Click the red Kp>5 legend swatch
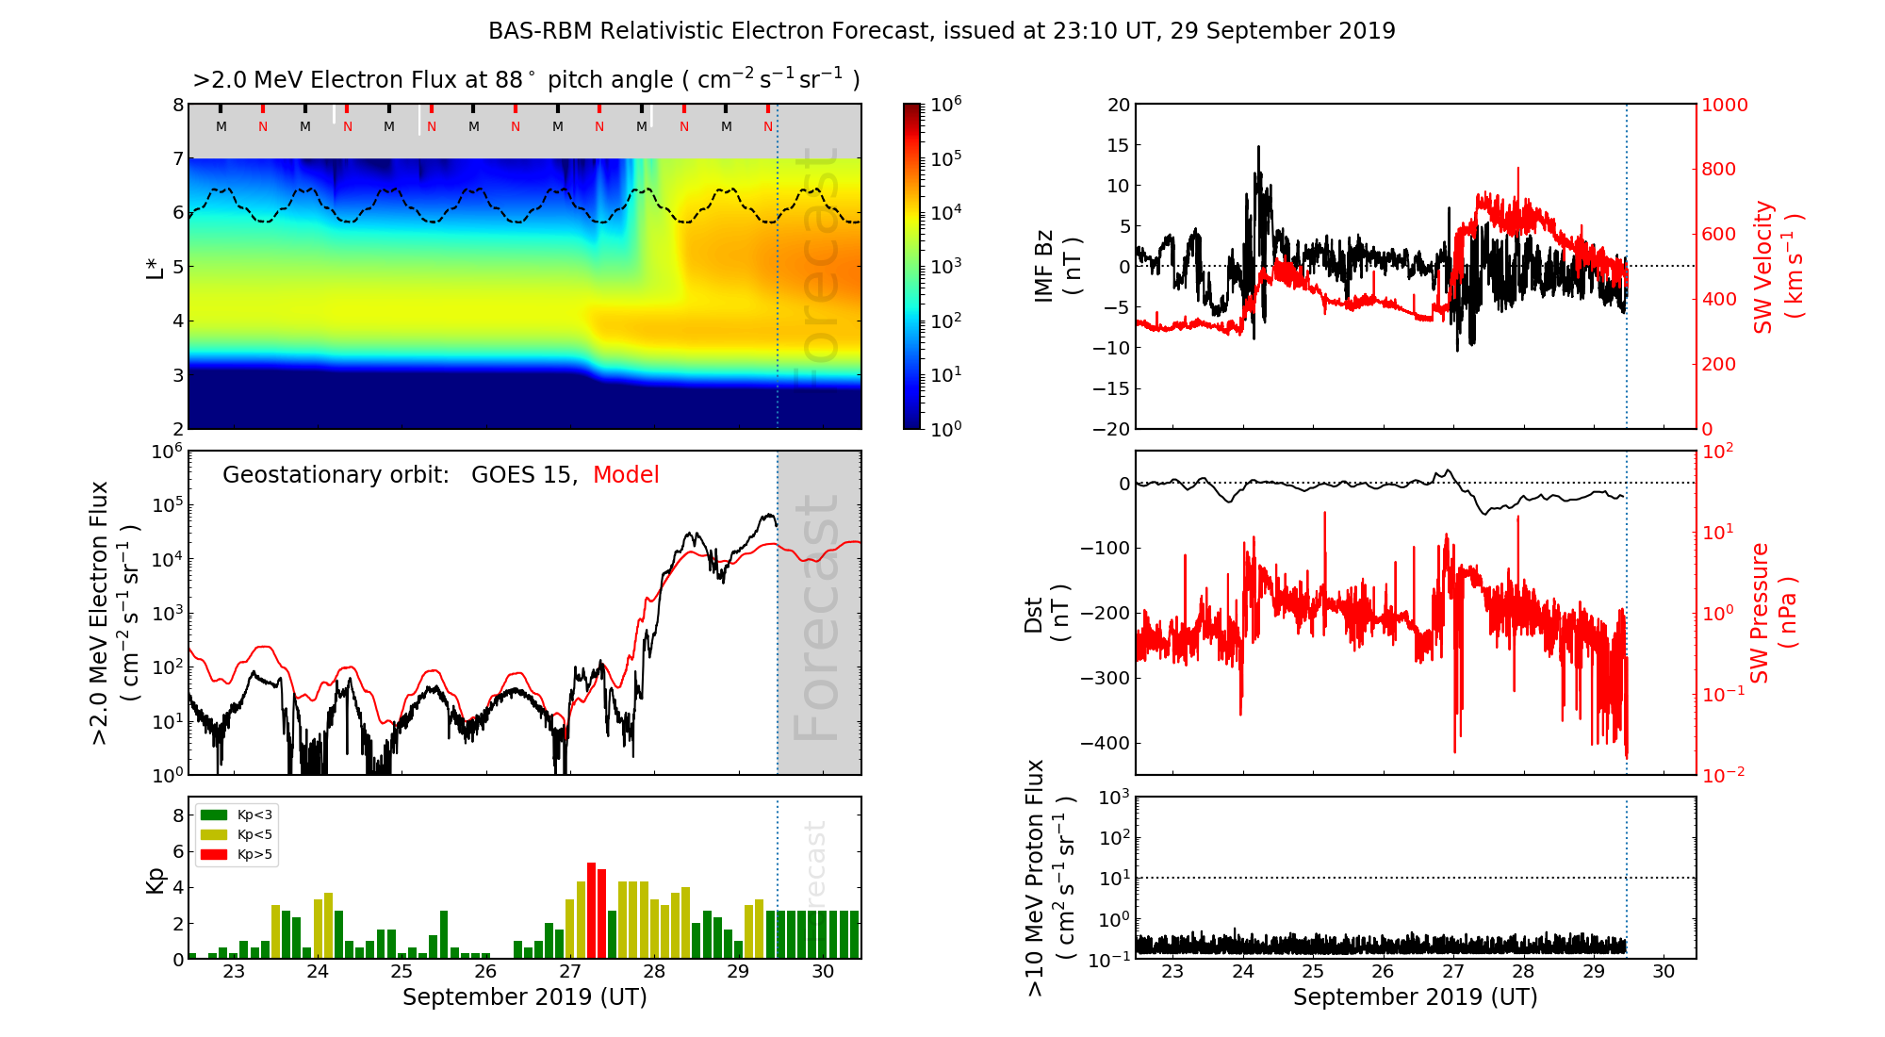point(214,855)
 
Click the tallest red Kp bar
point(591,910)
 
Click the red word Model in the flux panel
point(626,475)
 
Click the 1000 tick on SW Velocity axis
point(1724,105)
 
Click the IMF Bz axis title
point(1057,267)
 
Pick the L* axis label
point(155,267)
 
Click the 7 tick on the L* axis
point(177,158)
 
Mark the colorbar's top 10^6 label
point(946,104)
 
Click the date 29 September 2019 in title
point(1283,31)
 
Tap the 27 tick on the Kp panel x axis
point(570,972)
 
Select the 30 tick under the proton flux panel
point(1664,972)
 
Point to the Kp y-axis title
point(155,880)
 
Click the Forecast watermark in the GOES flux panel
point(816,617)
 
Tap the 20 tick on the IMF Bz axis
point(1118,105)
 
